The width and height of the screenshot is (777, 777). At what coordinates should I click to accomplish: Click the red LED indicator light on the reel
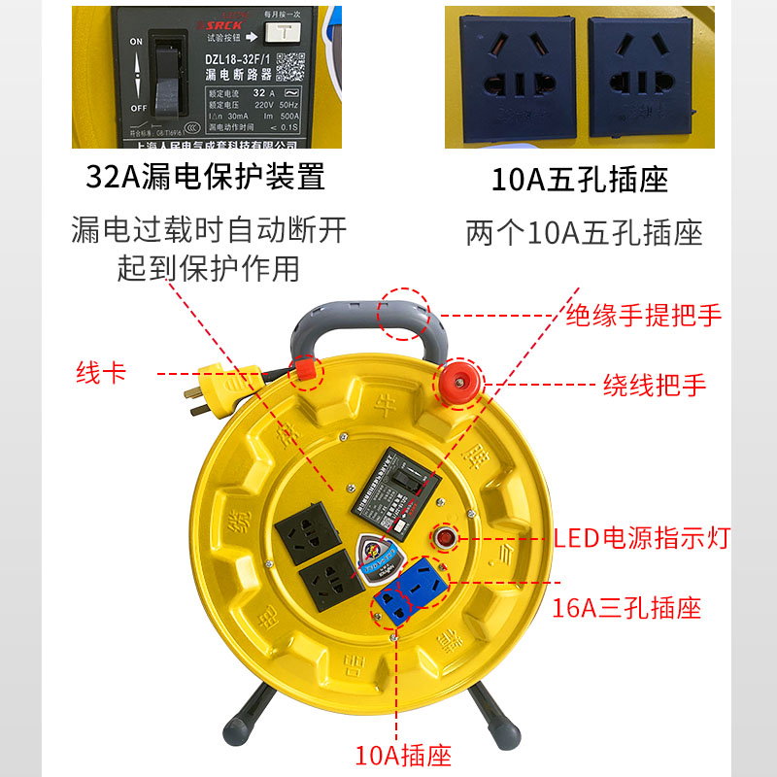click(x=445, y=536)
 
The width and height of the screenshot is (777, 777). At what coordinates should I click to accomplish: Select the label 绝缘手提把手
click(x=644, y=316)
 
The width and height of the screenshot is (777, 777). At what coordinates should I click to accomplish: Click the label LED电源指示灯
click(x=641, y=537)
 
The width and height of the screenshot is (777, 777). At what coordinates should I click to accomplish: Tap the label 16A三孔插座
click(x=626, y=609)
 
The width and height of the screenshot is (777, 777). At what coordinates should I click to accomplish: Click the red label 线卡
click(x=101, y=373)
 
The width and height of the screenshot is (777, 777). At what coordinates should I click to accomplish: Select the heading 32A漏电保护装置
click(x=205, y=178)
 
